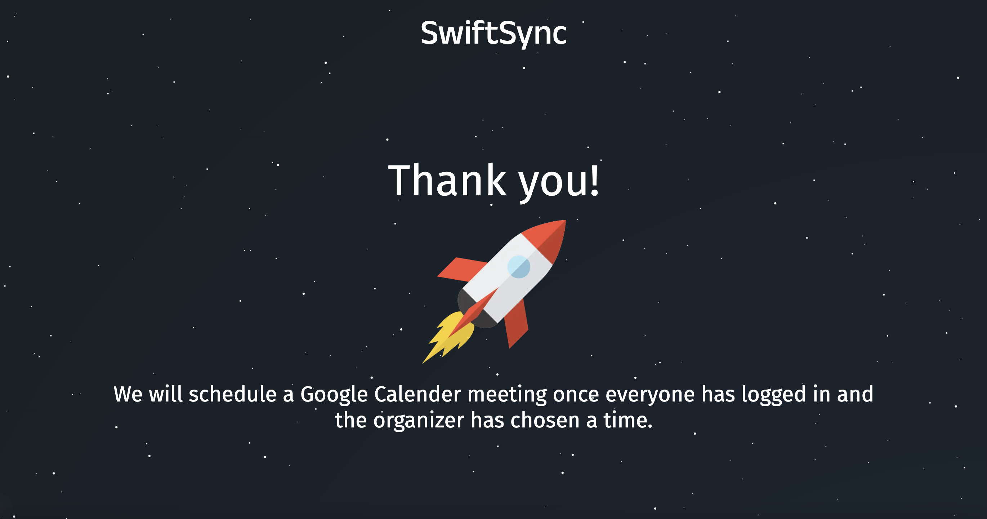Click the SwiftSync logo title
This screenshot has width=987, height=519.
pyautogui.click(x=493, y=34)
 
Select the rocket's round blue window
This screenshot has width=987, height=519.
pyautogui.click(x=519, y=267)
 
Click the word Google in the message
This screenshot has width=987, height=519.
pyautogui.click(x=334, y=394)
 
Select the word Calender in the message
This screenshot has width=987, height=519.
pyautogui.click(x=417, y=394)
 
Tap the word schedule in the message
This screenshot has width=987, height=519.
pyautogui.click(x=233, y=394)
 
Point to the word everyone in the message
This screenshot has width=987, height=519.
pyautogui.click(x=650, y=395)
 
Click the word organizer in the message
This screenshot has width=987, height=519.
pyautogui.click(x=419, y=421)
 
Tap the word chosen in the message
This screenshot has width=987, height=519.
pyautogui.click(x=545, y=420)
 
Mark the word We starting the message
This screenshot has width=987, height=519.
pyautogui.click(x=128, y=394)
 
